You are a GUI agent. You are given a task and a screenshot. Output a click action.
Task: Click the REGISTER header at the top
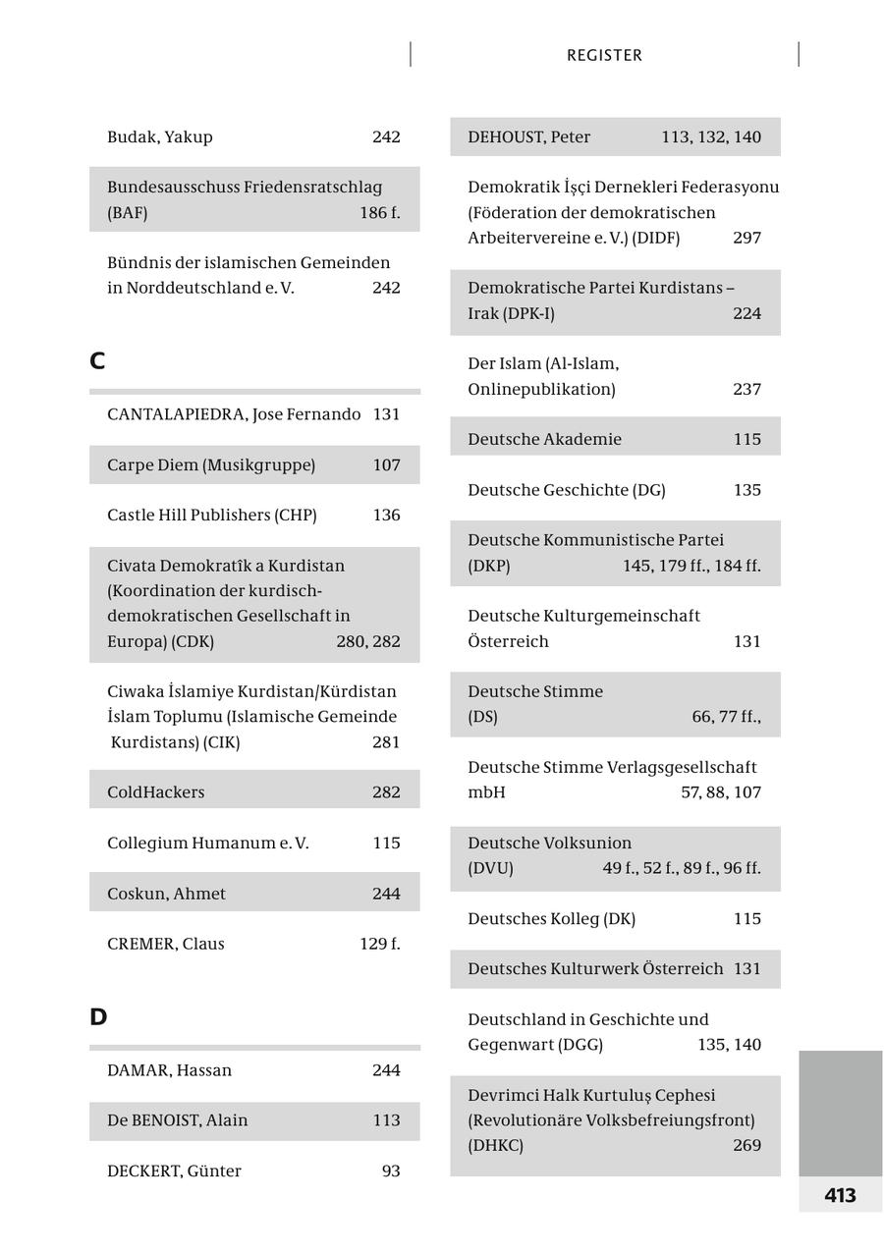tap(604, 56)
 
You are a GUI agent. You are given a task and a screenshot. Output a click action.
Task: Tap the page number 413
tap(840, 1195)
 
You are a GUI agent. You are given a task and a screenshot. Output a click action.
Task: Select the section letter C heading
tap(97, 361)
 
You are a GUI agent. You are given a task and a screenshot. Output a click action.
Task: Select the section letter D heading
tap(98, 1017)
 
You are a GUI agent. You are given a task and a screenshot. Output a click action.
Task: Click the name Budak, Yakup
tap(160, 137)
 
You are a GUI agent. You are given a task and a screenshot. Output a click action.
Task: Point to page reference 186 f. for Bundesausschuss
tap(379, 213)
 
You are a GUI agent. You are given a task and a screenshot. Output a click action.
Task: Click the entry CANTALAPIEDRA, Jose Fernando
tap(234, 414)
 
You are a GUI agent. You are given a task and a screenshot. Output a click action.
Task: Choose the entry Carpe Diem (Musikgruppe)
tap(211, 465)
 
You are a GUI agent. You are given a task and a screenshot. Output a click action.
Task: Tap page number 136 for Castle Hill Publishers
tap(386, 516)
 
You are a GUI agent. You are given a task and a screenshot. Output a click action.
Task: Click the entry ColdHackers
tap(156, 792)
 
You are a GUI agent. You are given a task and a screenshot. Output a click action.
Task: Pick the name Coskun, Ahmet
tap(166, 894)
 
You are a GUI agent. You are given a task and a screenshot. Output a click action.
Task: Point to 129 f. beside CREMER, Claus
tap(379, 944)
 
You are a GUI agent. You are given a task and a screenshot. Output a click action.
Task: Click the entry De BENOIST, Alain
tap(178, 1120)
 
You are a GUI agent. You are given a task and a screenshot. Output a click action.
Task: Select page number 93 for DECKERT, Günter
tap(391, 1171)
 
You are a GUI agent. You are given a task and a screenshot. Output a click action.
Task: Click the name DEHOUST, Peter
tap(529, 137)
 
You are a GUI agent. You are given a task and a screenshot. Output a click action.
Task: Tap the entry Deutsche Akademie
tap(544, 440)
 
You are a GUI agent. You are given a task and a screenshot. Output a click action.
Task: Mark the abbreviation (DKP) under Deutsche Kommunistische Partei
tap(489, 567)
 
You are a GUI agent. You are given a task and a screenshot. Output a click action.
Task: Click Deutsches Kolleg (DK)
tap(551, 919)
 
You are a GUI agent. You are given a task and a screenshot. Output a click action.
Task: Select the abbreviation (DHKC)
tap(496, 1146)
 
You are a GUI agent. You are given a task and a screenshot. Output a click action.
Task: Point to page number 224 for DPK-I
tap(746, 314)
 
